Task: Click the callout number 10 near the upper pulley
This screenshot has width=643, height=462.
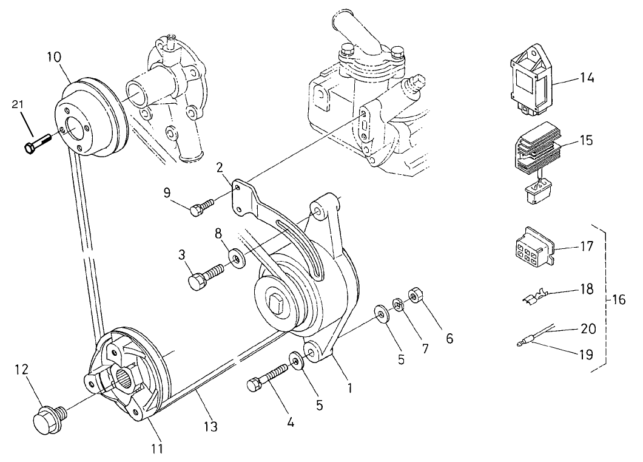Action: (x=54, y=58)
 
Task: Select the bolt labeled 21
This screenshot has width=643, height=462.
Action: (x=37, y=144)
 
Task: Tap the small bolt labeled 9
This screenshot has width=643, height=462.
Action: (x=201, y=208)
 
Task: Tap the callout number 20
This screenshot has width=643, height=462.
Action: (x=588, y=328)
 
